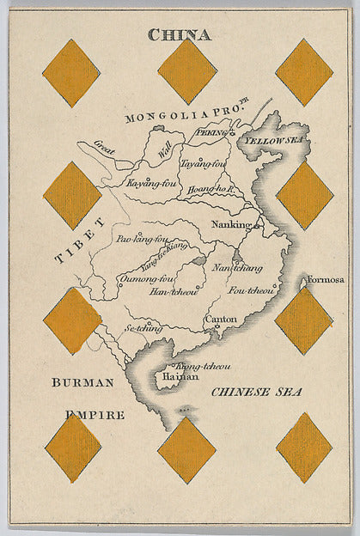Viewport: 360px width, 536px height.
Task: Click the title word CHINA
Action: (179, 35)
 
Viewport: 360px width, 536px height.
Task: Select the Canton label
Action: (221, 320)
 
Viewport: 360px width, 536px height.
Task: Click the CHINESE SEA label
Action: (257, 392)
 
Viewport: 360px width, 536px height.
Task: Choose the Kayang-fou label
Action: (151, 183)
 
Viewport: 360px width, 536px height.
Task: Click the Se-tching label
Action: (143, 327)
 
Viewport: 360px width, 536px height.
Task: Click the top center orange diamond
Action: (187, 71)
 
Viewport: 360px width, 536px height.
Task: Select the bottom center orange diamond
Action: (186, 449)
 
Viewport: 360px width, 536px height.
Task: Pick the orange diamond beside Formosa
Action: (304, 320)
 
